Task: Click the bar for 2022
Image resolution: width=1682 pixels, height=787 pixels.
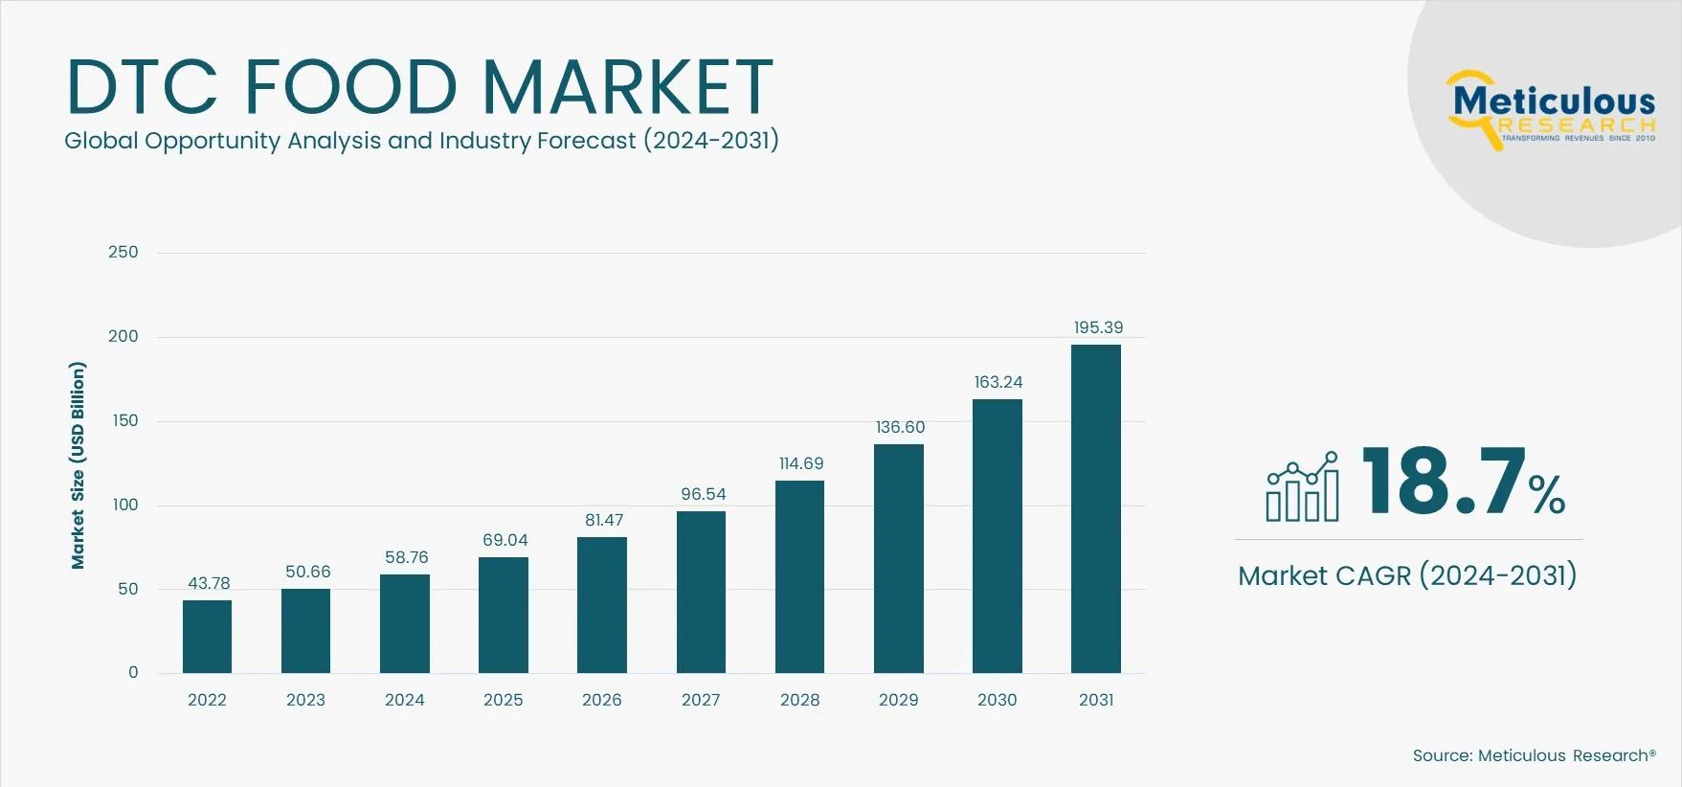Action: (207, 637)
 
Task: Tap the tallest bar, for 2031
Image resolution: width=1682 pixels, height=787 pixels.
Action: (1095, 508)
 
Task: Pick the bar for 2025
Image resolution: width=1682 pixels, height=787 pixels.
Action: (504, 615)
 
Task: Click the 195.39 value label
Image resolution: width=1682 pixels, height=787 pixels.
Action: (1098, 327)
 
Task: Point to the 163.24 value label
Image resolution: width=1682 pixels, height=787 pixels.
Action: (998, 382)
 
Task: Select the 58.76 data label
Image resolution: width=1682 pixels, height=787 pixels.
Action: (406, 557)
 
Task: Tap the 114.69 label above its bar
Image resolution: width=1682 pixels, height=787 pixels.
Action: (801, 463)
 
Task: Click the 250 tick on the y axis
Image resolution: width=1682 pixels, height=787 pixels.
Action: (123, 252)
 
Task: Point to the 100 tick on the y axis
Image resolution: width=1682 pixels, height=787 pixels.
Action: (125, 505)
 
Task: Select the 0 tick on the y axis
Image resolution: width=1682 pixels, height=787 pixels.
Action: (133, 672)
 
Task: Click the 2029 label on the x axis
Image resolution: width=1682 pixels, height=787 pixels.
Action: (898, 700)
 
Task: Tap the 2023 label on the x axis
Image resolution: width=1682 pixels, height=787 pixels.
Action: (305, 700)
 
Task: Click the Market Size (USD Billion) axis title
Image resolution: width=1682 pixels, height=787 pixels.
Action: (78, 465)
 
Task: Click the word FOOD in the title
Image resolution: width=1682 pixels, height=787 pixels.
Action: (350, 87)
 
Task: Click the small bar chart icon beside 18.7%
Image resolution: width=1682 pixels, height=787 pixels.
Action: (1302, 487)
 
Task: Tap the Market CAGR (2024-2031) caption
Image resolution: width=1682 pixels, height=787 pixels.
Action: (1406, 575)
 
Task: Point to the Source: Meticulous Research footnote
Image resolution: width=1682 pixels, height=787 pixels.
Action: (1534, 755)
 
